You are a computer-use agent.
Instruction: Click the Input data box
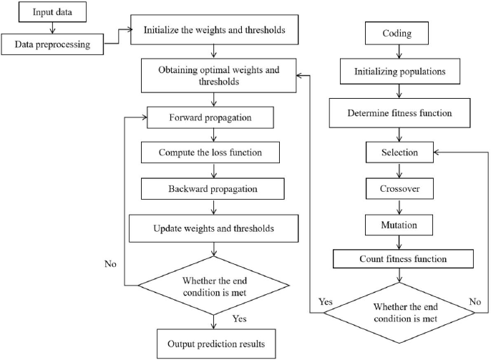52,12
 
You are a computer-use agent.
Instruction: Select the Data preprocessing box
52,44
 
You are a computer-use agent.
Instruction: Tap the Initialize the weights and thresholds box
214,30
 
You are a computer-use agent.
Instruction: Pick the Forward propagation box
210,117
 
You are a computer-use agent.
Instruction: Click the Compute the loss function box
210,152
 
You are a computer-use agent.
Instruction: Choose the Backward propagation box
213,189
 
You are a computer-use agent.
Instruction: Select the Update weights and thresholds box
213,228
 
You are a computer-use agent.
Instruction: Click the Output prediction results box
216,344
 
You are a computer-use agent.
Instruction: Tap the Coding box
397,33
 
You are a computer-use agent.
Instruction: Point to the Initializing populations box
400,71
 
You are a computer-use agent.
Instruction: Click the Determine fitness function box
399,113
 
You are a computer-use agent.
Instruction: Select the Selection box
399,152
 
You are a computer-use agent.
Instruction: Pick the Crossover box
399,189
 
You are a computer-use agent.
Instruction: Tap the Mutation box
399,225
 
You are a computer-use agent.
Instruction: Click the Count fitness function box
403,259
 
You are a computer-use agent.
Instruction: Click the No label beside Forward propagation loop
110,264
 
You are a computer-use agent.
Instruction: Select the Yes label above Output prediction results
240,318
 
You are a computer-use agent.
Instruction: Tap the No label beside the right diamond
475,301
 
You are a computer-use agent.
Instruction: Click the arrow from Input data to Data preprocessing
53,28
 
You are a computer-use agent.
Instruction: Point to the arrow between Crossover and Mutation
399,207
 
